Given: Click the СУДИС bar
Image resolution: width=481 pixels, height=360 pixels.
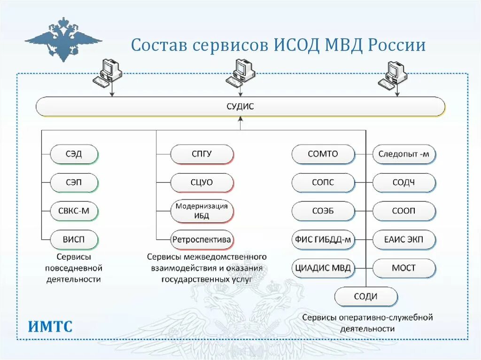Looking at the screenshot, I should click(240, 107).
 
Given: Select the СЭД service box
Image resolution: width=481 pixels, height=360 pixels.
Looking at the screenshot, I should click(74, 154).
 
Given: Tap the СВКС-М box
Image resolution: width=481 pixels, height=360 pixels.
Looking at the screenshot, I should click(74, 211).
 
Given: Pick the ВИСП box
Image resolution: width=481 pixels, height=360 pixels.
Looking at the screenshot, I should click(74, 239).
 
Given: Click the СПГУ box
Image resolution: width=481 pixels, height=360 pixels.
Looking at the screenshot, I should click(202, 154).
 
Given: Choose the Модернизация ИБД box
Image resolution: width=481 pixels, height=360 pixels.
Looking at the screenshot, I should click(202, 211).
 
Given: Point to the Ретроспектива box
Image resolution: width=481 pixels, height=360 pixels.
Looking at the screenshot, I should click(202, 239).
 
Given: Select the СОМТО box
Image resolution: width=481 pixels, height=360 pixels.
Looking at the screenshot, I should click(323, 154).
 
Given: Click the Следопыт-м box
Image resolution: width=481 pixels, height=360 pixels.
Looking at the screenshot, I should click(404, 154).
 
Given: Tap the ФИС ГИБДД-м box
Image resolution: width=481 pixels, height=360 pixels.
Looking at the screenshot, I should click(323, 239).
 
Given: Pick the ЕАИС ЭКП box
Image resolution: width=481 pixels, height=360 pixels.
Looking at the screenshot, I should click(404, 239).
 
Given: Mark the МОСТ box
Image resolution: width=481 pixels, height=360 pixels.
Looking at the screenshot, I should click(404, 268).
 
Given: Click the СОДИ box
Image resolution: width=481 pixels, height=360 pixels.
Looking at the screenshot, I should click(366, 297).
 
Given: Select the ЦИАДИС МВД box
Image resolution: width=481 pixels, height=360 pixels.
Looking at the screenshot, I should click(323, 268).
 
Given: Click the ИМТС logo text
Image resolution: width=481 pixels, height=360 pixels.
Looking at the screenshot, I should click(50, 326).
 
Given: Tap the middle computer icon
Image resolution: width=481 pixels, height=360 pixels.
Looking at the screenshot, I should click(240, 73).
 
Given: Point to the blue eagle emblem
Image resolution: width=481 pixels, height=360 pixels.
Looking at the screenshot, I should click(63, 38).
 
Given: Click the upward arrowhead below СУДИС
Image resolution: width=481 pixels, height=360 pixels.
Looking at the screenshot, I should click(240, 120).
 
